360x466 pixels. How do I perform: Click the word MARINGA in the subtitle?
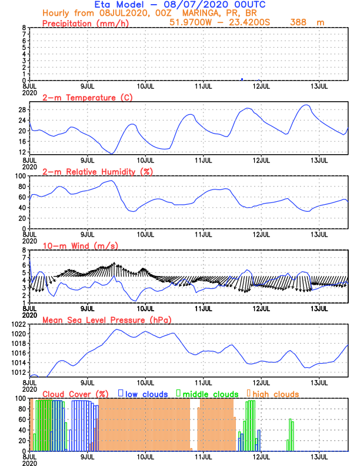(159, 14)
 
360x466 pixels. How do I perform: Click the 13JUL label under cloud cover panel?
(319, 457)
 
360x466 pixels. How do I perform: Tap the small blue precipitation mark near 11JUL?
(242, 79)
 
